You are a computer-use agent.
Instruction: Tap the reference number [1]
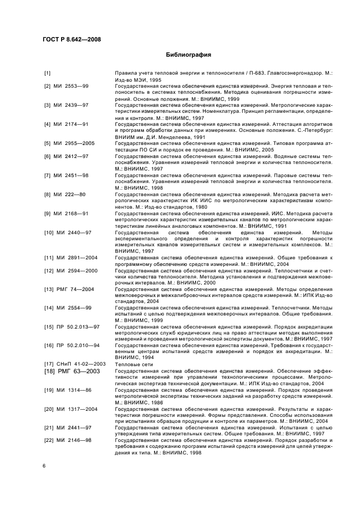click(47, 73)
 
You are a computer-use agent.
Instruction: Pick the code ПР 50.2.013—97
click(80, 327)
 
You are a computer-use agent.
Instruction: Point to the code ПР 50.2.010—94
click(80, 345)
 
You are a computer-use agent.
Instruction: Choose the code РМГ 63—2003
click(80, 371)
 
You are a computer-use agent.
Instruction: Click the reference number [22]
click(48, 440)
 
